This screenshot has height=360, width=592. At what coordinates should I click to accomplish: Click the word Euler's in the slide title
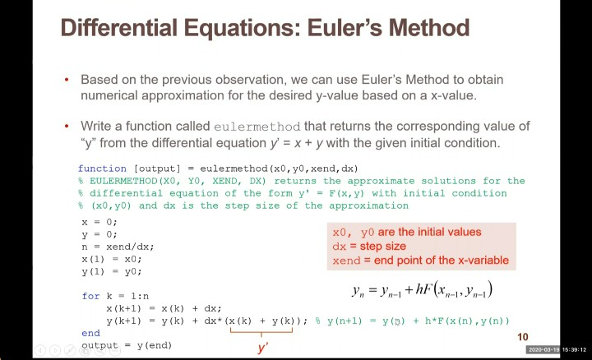[344, 28]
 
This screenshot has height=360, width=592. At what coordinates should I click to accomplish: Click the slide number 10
[523, 337]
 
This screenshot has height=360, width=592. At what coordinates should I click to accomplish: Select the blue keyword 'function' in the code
[102, 168]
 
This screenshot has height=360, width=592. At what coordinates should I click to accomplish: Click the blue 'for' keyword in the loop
[90, 296]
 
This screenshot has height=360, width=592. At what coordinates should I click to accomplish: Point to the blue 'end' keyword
[90, 333]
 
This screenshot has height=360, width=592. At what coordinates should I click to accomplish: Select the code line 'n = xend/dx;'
[118, 247]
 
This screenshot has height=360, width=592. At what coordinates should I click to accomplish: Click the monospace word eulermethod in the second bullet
[257, 127]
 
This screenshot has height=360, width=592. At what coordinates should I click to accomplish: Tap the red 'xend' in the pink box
[346, 261]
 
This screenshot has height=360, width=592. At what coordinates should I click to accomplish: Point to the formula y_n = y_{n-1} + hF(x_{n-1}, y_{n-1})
[422, 290]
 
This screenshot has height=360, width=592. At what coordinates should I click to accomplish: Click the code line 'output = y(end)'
[127, 345]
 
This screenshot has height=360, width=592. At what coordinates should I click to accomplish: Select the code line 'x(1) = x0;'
[112, 259]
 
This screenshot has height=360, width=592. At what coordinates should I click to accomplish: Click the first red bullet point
[67, 80]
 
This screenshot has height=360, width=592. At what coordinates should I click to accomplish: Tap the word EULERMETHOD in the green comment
[123, 181]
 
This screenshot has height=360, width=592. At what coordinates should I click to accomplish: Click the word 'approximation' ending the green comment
[368, 205]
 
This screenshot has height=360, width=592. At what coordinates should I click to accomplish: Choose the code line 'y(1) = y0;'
[112, 272]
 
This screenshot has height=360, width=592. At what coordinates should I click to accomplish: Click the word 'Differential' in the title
[119, 28]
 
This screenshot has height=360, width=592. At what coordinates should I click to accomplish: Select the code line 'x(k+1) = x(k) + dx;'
[164, 308]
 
